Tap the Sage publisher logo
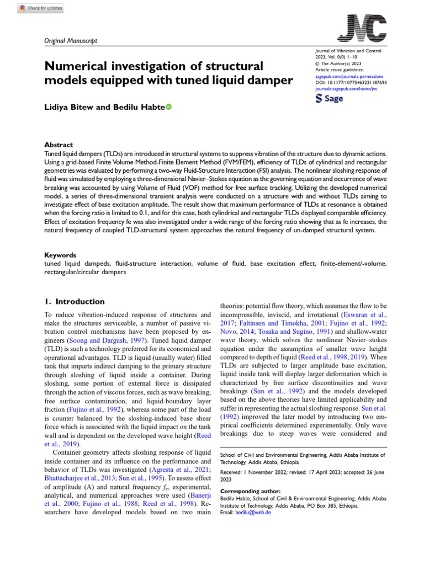[329, 98]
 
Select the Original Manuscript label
[70, 41]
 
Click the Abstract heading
[58, 145]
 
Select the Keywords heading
[60, 255]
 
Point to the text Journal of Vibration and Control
[345, 51]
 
